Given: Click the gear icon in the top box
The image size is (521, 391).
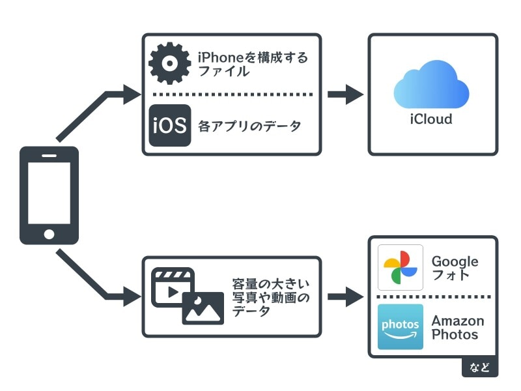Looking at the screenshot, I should [170, 63].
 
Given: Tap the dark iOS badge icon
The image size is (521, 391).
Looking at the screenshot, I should [170, 125].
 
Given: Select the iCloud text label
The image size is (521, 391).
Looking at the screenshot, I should [431, 119].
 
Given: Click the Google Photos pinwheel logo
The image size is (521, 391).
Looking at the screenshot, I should [401, 267].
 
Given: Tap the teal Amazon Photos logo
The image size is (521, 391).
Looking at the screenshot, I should [401, 326].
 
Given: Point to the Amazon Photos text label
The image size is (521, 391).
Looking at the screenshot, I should [458, 328].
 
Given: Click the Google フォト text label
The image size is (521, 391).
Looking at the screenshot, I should [455, 268].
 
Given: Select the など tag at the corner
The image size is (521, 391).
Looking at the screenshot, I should [480, 366].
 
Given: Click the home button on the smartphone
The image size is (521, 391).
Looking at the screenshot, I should [49, 233].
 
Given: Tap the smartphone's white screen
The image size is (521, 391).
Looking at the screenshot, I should [49, 191].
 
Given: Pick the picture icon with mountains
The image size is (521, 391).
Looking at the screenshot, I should [203, 308].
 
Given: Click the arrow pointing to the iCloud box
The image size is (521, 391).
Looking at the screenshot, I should [345, 94].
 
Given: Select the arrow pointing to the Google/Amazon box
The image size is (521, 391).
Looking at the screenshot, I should [345, 297].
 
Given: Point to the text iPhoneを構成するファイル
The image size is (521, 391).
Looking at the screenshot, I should [253, 64].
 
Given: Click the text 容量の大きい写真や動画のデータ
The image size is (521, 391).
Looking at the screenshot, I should [271, 297].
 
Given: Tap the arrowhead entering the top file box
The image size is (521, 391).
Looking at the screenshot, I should [132, 94].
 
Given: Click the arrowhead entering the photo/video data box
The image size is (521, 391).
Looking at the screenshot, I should [132, 297].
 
